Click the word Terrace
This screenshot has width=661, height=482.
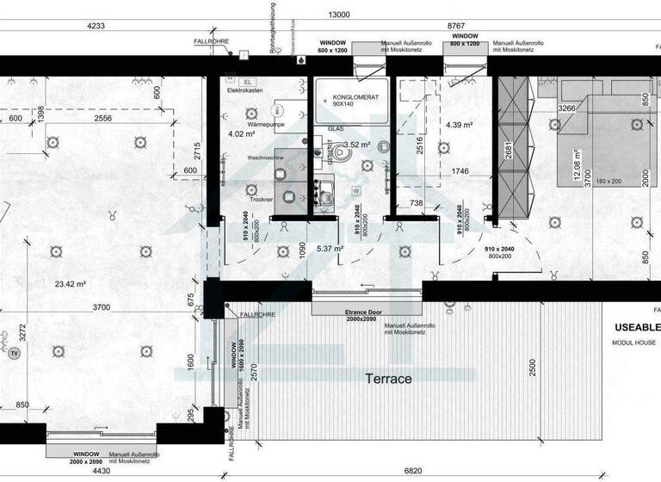pyautogui.click(x=389, y=379)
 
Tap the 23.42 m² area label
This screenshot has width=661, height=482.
pyautogui.click(x=71, y=283)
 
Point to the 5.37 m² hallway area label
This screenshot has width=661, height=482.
pyautogui.click(x=330, y=249)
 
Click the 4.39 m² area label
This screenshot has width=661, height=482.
pyautogui.click(x=460, y=125)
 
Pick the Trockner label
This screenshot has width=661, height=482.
pyautogui.click(x=262, y=199)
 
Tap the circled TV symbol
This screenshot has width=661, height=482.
pyautogui.click(x=14, y=353)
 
